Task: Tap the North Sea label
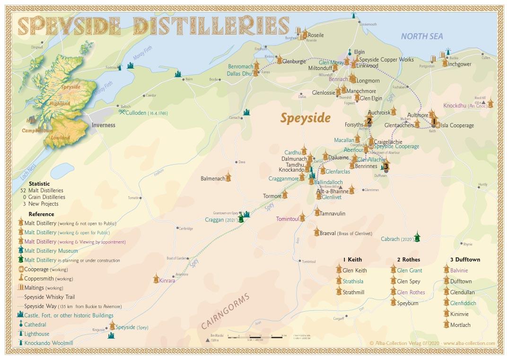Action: coord(421,36)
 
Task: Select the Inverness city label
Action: coord(103,125)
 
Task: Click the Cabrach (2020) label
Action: coord(397,239)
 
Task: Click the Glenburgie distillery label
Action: coord(294,61)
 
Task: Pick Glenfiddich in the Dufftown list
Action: coord(463,303)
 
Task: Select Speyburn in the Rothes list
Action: coord(407,303)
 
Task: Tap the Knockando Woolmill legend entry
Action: coord(48,343)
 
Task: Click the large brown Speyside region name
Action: coord(305,118)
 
